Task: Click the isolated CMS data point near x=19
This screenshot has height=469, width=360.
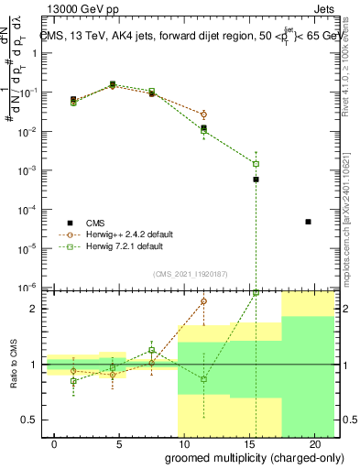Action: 308,222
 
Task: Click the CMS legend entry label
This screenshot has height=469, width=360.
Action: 96,223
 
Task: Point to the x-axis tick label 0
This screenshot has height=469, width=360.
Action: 56,443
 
